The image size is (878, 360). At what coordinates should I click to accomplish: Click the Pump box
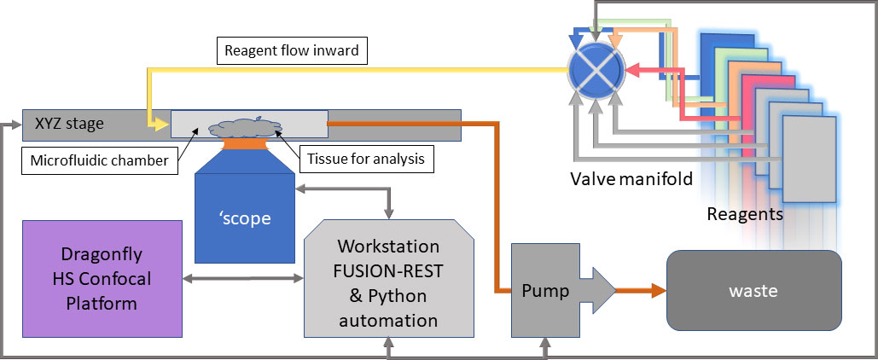tap(546, 290)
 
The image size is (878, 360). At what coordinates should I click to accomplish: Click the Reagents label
tap(744, 214)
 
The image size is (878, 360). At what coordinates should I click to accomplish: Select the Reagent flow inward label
tap(291, 50)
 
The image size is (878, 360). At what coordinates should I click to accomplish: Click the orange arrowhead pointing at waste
tap(660, 291)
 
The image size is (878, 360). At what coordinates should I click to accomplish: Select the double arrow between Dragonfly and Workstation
tap(243, 277)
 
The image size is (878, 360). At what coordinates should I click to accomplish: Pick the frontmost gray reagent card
tap(806, 157)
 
